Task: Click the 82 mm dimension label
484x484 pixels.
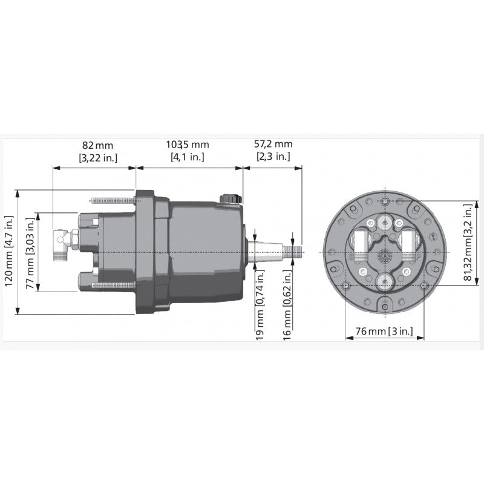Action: [x=97, y=145]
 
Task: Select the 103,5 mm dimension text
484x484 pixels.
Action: [x=187, y=145]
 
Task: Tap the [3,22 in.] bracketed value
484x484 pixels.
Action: [x=97, y=157]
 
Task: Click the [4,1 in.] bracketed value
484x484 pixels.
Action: [x=187, y=157]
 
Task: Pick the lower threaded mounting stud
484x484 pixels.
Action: [x=113, y=285]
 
